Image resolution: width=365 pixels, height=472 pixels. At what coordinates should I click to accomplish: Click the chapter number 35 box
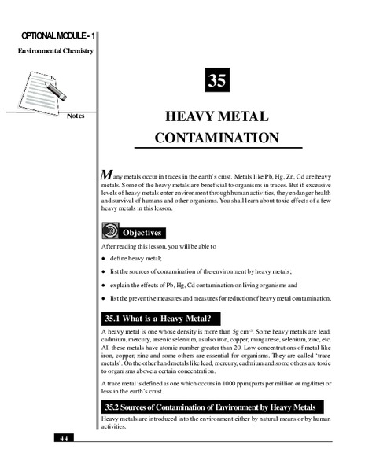click(217, 80)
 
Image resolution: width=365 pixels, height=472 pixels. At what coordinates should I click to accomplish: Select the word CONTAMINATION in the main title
click(217, 138)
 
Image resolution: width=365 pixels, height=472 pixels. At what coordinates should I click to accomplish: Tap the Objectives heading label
click(142, 233)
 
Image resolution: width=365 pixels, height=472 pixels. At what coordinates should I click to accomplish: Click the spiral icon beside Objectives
click(111, 232)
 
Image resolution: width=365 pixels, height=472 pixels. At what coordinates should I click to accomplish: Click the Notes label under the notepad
click(76, 116)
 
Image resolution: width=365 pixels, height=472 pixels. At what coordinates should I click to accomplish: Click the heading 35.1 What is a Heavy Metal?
click(157, 319)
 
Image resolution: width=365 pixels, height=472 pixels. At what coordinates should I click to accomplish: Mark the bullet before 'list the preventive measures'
click(103, 299)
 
